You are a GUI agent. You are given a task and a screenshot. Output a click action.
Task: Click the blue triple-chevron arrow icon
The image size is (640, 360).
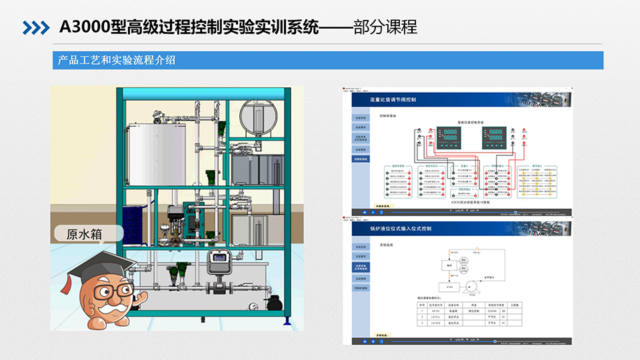[x=35, y=27]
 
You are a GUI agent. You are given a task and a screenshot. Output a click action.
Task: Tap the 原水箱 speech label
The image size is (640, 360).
[x=87, y=234]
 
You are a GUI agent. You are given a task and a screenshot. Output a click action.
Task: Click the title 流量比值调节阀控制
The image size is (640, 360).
[x=393, y=100]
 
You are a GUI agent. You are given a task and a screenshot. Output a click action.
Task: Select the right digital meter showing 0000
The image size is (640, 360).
[x=495, y=137]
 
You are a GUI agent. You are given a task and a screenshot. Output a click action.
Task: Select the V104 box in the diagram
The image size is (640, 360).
[x=431, y=287]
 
